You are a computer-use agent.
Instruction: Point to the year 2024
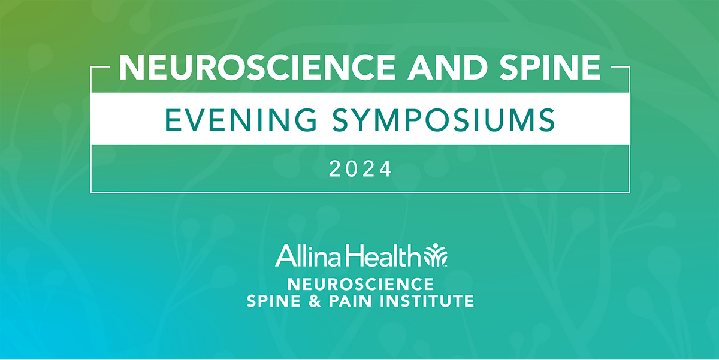pos(360,170)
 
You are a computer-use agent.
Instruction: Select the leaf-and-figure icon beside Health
pos(434,255)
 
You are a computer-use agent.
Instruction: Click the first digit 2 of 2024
pos(336,170)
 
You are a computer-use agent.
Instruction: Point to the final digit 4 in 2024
pos(385,170)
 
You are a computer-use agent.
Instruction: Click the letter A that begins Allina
pos(283,258)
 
